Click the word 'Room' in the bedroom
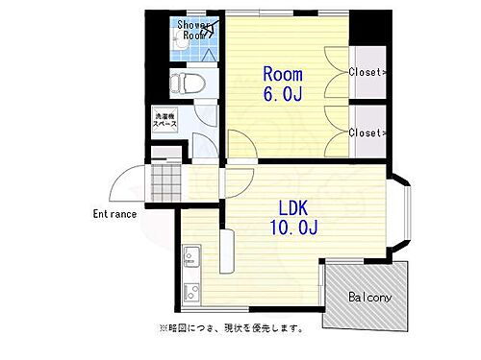click(x=284, y=74)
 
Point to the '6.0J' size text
click(x=285, y=94)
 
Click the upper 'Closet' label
click(x=367, y=72)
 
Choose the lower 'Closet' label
click(x=367, y=132)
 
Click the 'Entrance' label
click(x=114, y=213)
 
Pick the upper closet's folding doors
click(x=336, y=72)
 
